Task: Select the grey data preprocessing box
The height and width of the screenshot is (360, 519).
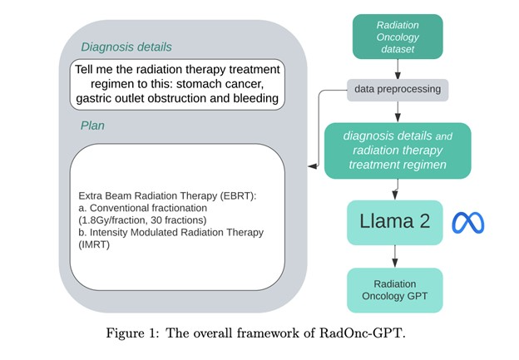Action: point(398,88)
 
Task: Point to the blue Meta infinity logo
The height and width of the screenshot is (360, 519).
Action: point(467,223)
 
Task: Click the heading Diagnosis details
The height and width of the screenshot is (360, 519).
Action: point(127,48)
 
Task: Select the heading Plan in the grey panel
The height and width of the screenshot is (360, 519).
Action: point(93,125)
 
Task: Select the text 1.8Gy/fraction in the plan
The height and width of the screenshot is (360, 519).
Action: point(116,219)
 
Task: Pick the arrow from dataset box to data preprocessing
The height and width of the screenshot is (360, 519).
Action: point(398,71)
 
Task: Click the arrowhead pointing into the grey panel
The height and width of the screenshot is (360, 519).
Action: point(311,166)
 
